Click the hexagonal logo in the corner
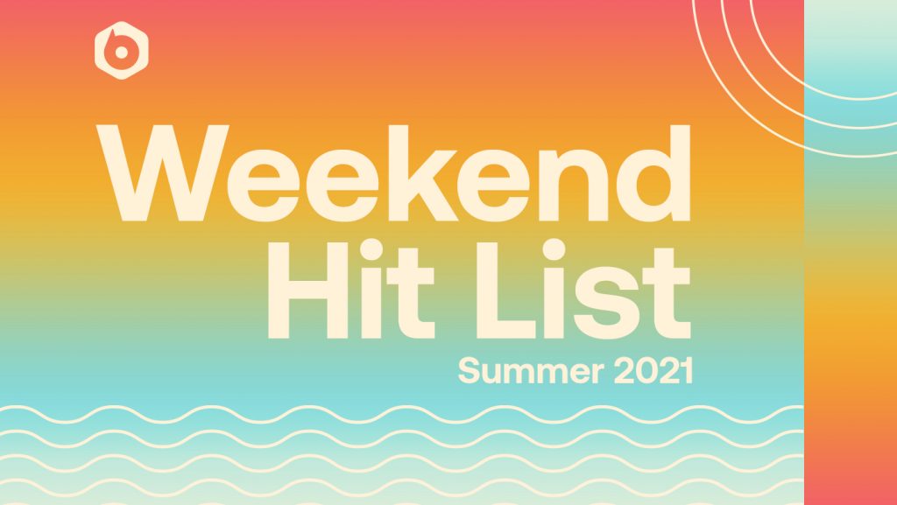click(121, 50)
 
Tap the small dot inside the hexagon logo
click(121, 52)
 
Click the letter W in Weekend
click(162, 172)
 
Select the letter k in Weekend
click(423, 172)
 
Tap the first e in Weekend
click(263, 186)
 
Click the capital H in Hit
click(307, 291)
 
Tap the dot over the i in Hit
click(371, 249)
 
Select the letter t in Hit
click(412, 293)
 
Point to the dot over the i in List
click(554, 249)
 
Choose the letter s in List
click(606, 303)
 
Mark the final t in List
click(667, 293)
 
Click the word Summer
click(531, 371)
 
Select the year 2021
click(653, 371)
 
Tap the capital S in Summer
click(470, 371)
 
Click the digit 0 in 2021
click(645, 371)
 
